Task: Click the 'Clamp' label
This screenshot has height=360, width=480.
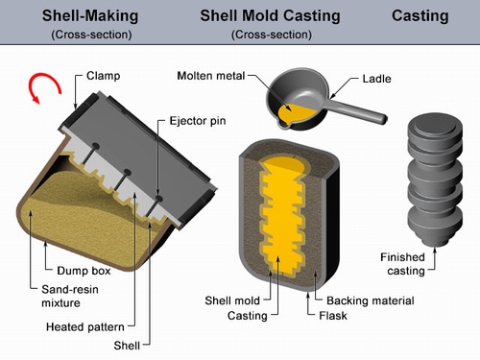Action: click(104, 76)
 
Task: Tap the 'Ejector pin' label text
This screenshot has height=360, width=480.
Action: click(198, 121)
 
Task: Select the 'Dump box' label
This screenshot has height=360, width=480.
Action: click(84, 271)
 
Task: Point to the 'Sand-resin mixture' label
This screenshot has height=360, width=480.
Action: click(70, 296)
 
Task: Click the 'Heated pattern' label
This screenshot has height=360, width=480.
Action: click(85, 326)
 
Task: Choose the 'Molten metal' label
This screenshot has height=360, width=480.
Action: click(211, 76)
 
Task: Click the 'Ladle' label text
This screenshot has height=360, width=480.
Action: click(376, 79)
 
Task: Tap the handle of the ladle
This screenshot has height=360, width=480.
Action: click(357, 110)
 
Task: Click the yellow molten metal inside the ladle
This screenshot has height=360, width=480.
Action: click(296, 113)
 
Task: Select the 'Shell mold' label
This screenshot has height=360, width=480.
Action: click(232, 300)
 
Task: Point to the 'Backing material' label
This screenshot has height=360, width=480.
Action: click(371, 300)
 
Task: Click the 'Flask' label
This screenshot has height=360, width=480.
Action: click(333, 316)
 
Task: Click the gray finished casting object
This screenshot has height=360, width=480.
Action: click(435, 180)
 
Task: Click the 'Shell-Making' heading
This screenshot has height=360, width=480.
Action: click(90, 16)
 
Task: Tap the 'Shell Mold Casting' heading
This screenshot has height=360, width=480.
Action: click(270, 16)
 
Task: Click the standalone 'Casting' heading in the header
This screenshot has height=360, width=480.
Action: click(420, 16)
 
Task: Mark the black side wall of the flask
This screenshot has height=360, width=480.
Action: click(333, 224)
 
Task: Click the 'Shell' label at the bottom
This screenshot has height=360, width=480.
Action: click(127, 346)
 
